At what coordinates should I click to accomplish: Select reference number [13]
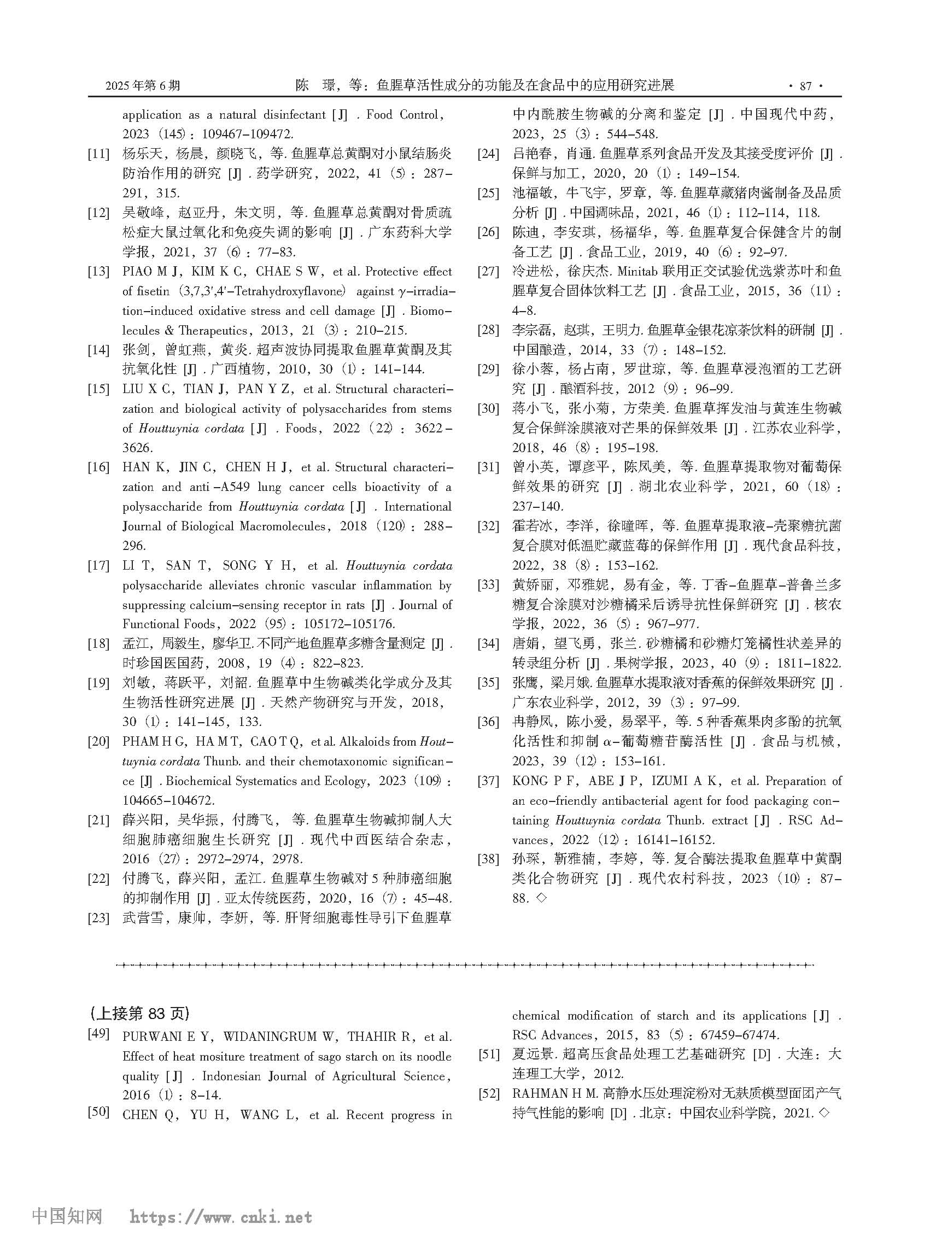pyautogui.click(x=98, y=272)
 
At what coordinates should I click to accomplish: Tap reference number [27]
pyautogui.click(x=488, y=272)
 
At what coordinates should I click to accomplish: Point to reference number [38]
pyautogui.click(x=488, y=859)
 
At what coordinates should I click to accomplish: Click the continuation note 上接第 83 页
pyautogui.click(x=139, y=1013)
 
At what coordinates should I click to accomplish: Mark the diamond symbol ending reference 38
pyautogui.click(x=541, y=898)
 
